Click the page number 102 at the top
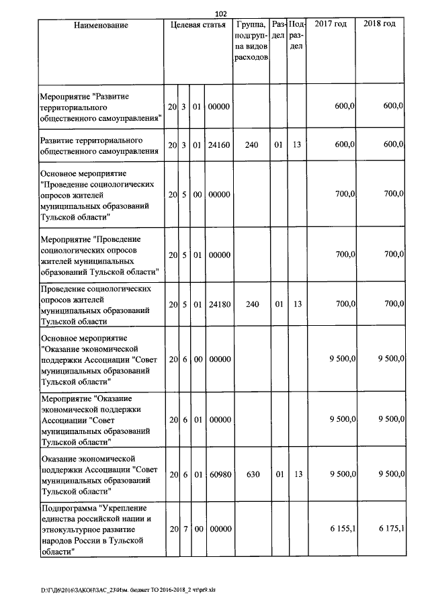pos(222,13)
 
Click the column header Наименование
pos(101,25)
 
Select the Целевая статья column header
pos(198,25)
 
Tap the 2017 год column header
pos(331,25)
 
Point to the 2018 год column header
pos(379,25)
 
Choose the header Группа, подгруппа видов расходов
pos(251,41)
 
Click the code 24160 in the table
pos(219,145)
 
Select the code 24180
pos(219,304)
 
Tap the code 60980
pos(219,474)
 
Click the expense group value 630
pos(252,474)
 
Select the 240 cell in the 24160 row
pos(252,145)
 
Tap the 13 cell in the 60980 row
pos(298,474)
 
